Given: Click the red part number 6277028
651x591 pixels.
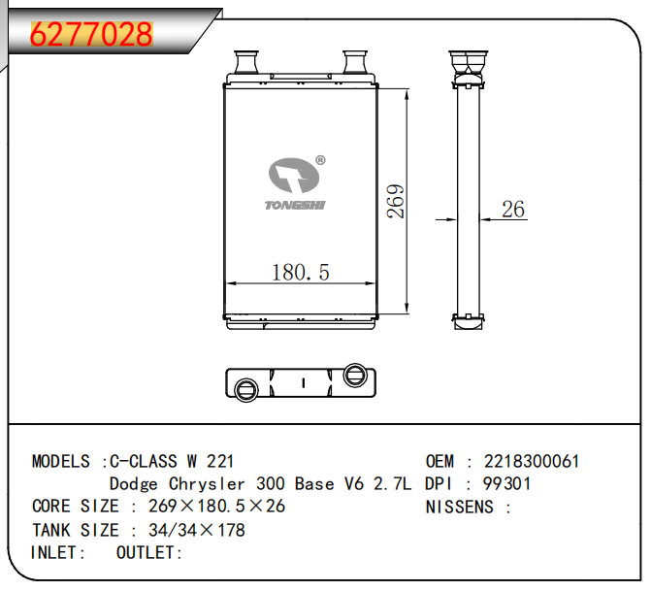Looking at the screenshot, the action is coord(91,34).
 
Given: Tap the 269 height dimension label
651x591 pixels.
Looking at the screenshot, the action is coord(395,202).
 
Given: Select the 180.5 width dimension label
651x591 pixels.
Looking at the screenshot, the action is coord(300,273).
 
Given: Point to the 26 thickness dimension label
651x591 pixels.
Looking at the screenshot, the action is coord(512,209).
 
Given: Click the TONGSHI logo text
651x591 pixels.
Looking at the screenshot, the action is coord(295,205).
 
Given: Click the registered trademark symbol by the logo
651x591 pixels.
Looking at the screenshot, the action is coord(320,160).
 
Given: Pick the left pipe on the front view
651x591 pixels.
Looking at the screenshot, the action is coord(246,62).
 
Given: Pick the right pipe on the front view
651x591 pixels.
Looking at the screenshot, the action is coord(354,62).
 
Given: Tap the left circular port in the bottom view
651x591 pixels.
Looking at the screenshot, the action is coord(246,390).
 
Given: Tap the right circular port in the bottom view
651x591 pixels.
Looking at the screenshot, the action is coord(355,375).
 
